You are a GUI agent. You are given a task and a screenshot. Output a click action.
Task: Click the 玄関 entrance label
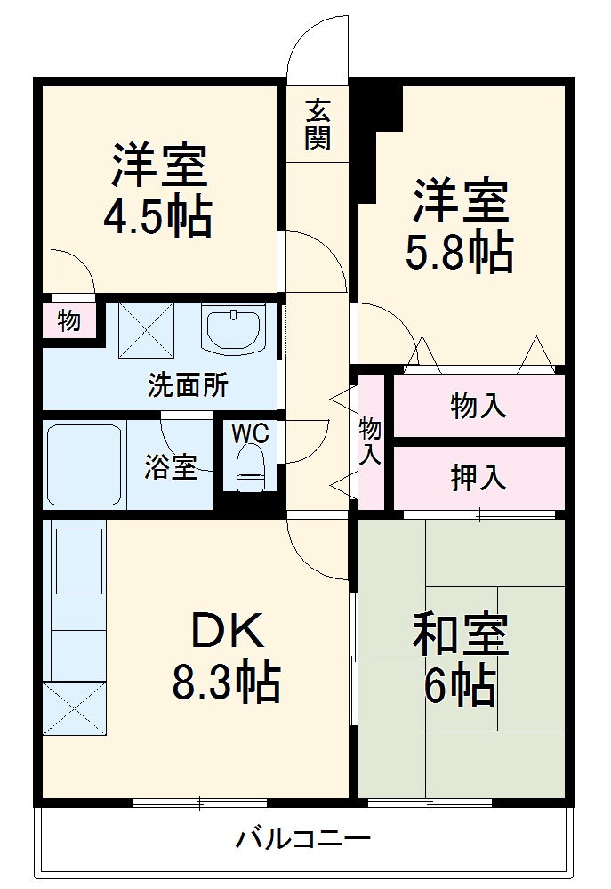pos(318,125)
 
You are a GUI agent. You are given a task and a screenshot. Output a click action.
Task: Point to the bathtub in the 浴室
pos(84,465)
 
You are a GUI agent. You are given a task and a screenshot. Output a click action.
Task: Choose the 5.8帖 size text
pos(460,255)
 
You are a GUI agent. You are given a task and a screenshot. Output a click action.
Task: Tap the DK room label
pos(226,633)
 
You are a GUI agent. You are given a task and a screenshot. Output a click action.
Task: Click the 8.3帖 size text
pos(226,683)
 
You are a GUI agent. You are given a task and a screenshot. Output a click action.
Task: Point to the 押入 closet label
pos(478,478)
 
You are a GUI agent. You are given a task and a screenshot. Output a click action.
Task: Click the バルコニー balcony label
pos(302,837)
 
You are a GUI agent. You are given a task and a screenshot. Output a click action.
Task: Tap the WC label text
pos(251,433)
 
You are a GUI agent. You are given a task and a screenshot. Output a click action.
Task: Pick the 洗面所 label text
pos(188,386)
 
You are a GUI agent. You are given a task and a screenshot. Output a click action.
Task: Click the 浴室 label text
pos(170,467)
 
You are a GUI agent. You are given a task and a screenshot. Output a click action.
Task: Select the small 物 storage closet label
pos(68,320)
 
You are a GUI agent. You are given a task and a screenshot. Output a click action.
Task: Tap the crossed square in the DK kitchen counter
pos(75,709)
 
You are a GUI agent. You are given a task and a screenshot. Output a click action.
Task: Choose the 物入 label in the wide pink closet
pos(478,407)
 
